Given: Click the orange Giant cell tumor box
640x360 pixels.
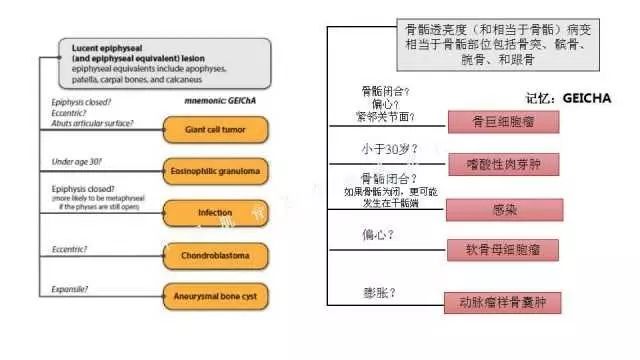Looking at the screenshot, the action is coord(216,130).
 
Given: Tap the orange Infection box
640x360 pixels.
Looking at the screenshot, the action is coord(216,213).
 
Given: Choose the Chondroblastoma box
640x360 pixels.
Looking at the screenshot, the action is coord(216,256).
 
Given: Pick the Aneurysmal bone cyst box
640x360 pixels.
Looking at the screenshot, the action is coord(216,296).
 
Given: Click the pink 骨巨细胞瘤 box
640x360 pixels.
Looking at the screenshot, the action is coord(501,124).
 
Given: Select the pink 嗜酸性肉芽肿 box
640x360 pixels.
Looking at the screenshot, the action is coord(501,163).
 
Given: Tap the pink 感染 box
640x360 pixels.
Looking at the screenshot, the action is coord(501,210).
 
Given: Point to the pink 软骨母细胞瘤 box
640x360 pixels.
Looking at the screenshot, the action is coord(501,249).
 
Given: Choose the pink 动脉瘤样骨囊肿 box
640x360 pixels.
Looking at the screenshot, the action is coord(502,300).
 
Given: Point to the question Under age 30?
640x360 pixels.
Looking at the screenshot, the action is coord(77,162).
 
